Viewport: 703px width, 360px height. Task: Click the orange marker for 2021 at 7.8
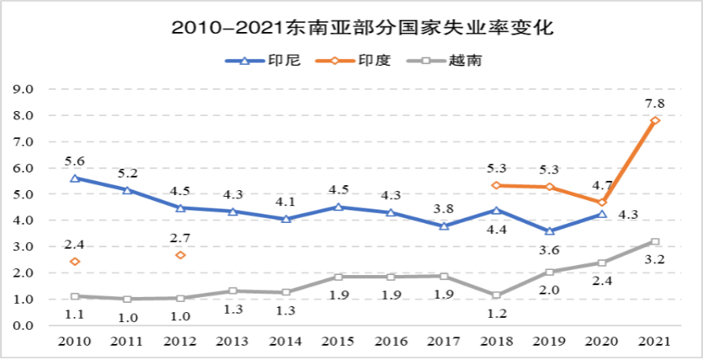pyautogui.click(x=655, y=120)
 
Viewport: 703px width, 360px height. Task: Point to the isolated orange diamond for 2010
pyautogui.click(x=75, y=262)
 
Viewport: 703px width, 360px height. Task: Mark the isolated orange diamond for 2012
pyautogui.click(x=181, y=254)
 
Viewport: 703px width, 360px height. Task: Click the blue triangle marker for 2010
pyautogui.click(x=75, y=178)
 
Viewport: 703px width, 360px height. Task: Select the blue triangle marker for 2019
pyautogui.click(x=549, y=230)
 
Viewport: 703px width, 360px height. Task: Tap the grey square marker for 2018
pyautogui.click(x=496, y=295)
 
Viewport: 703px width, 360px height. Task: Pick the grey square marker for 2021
pyautogui.click(x=655, y=242)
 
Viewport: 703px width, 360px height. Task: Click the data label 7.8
pyautogui.click(x=654, y=103)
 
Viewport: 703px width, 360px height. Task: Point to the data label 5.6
pyautogui.click(x=75, y=161)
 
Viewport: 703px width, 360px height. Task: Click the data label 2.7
pyautogui.click(x=181, y=238)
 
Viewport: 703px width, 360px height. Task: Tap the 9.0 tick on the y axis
pyautogui.click(x=23, y=89)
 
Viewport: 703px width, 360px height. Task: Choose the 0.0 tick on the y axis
pyautogui.click(x=23, y=326)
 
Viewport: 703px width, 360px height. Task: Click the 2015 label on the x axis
pyautogui.click(x=338, y=341)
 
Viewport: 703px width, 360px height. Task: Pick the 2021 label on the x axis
pyautogui.click(x=655, y=341)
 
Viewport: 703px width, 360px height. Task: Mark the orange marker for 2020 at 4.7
pyautogui.click(x=602, y=203)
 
